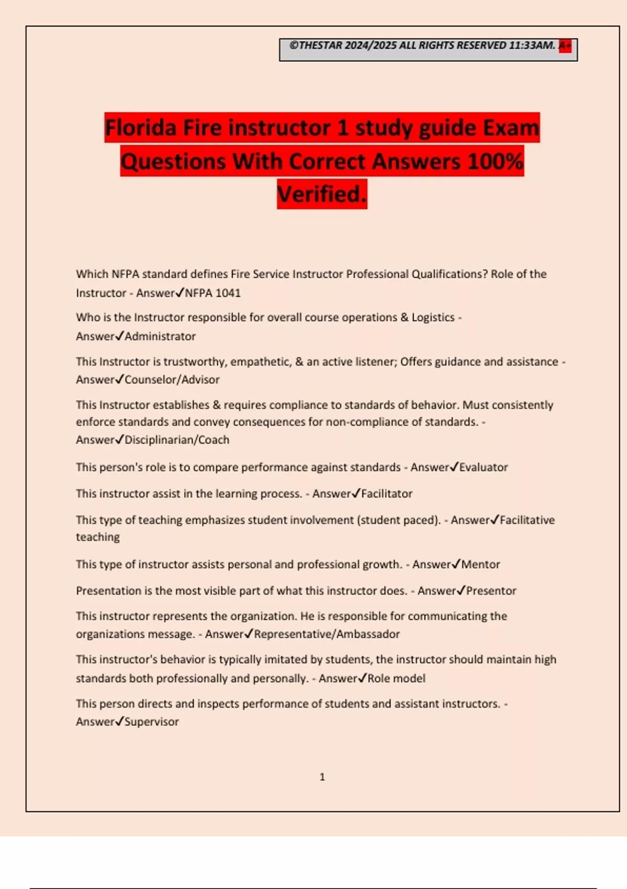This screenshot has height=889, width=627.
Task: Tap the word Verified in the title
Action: [319, 195]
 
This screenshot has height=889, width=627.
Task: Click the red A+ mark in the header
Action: [565, 45]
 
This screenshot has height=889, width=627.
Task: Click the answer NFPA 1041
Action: [213, 293]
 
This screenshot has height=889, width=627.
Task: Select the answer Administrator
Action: [160, 336]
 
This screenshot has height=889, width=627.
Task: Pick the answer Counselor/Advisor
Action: [172, 380]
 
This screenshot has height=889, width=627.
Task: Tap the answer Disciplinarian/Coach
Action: [177, 440]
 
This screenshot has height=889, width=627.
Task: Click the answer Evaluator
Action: [483, 467]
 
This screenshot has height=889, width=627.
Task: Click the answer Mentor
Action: [480, 564]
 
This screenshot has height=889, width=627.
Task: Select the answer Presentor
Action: [491, 591]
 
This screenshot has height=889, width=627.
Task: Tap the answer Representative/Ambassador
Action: [327, 634]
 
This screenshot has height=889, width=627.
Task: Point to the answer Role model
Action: [397, 678]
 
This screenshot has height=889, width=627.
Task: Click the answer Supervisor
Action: [152, 722]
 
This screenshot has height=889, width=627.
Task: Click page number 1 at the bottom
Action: [322, 777]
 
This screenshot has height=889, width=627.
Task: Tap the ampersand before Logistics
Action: [404, 317]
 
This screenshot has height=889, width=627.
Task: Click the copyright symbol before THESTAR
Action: [294, 45]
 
